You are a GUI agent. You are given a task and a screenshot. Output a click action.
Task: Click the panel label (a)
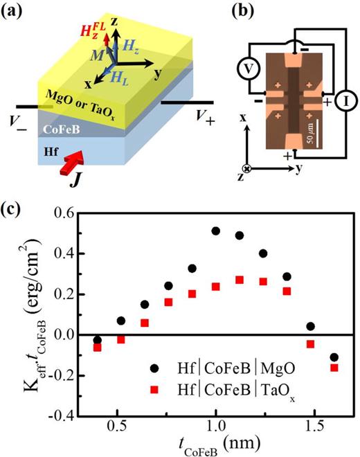(16, 12)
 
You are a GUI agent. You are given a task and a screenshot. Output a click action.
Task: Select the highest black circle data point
(216, 231)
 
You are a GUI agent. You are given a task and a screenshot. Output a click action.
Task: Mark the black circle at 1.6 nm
(335, 357)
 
